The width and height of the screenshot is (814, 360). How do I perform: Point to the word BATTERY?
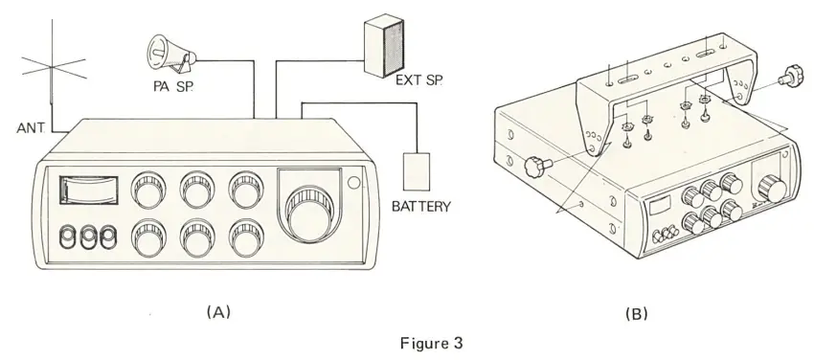(421, 206)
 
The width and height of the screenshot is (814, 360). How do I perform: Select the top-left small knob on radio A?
(148, 188)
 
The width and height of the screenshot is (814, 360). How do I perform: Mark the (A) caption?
(218, 311)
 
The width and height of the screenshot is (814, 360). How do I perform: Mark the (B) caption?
(636, 312)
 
